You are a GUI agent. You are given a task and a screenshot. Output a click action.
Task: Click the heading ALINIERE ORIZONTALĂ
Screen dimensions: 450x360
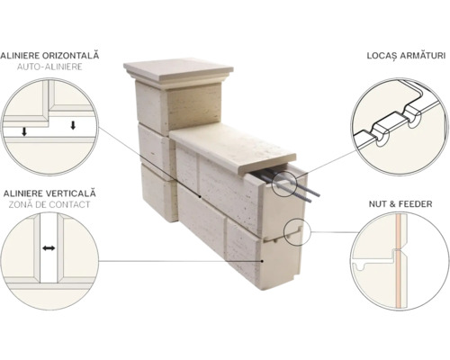pyautogui.click(x=49, y=56)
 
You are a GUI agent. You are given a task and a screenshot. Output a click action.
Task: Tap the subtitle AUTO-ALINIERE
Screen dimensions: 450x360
pyautogui.click(x=49, y=67)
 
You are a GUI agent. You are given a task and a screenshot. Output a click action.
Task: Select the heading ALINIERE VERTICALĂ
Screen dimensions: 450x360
pyautogui.click(x=49, y=193)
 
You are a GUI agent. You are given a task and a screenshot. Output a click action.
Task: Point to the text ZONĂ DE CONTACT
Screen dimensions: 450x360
pyautogui.click(x=49, y=204)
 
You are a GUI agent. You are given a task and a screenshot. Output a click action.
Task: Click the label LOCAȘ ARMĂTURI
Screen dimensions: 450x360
pyautogui.click(x=406, y=56)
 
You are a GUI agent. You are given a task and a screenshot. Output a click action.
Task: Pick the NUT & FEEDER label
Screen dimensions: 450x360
pyautogui.click(x=400, y=204)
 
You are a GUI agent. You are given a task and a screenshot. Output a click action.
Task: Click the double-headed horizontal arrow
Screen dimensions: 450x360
pyautogui.click(x=49, y=248)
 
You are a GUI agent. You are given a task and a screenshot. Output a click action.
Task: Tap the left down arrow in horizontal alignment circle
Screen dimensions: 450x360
pyautogui.click(x=24, y=131)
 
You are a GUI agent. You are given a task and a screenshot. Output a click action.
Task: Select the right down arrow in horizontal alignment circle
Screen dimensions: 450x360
pyautogui.click(x=73, y=125)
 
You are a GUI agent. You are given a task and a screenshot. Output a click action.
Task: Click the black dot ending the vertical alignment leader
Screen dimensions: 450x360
pyautogui.click(x=263, y=261)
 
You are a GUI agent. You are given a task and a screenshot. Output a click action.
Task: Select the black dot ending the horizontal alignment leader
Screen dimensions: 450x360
pyautogui.click(x=201, y=197)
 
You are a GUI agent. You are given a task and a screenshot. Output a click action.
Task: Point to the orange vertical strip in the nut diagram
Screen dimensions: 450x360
pyautogui.click(x=398, y=261)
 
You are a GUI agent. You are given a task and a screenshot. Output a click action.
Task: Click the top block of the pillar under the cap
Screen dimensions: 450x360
pyautogui.click(x=178, y=106)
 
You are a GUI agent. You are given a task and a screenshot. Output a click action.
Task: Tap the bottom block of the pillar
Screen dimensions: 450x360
pyautogui.click(x=159, y=193)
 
